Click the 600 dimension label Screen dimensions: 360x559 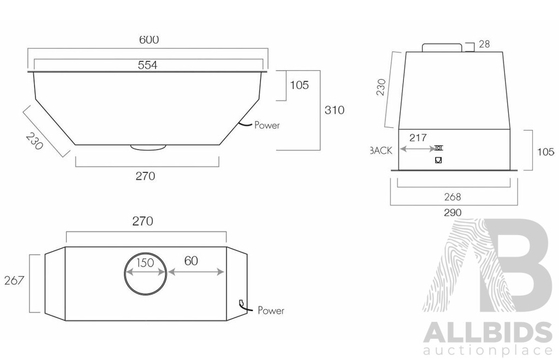(x=148, y=40)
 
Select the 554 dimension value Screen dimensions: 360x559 (x=147, y=65)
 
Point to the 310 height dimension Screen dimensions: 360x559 (x=334, y=110)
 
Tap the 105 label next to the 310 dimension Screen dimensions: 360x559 (x=299, y=85)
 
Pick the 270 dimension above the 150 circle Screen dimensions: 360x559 (x=143, y=221)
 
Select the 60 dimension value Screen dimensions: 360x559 (x=191, y=261)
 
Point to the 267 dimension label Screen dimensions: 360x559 (x=14, y=281)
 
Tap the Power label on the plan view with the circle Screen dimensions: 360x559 (x=271, y=311)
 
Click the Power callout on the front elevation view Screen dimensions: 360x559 (x=267, y=125)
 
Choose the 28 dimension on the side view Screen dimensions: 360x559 (x=484, y=44)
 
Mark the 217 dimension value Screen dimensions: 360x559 (x=418, y=138)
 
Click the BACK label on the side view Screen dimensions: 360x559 (x=381, y=151)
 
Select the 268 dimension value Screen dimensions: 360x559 (x=453, y=197)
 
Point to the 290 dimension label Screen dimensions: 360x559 (x=453, y=212)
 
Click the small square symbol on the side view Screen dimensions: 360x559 (x=438, y=160)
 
